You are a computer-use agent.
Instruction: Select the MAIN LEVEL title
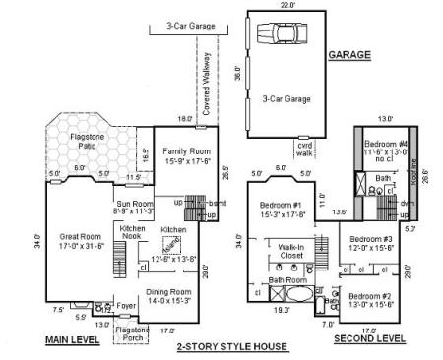click(72, 339)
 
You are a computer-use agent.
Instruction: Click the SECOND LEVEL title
click(369, 338)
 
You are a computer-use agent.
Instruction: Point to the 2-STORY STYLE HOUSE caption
click(231, 346)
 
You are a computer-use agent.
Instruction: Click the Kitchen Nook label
click(132, 232)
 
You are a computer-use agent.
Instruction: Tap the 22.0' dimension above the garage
click(287, 5)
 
